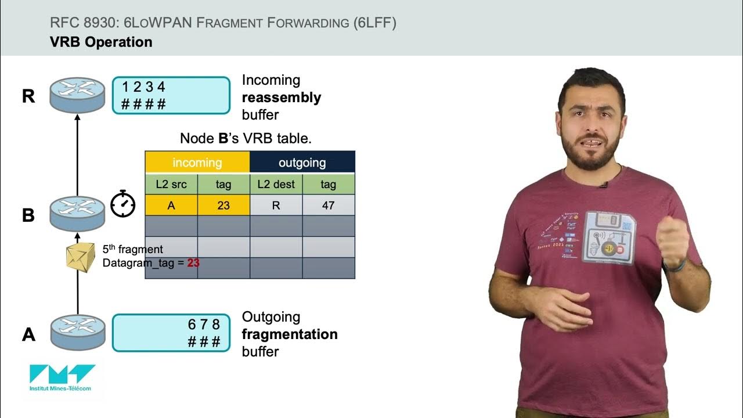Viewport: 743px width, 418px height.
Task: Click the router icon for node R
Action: (x=77, y=95)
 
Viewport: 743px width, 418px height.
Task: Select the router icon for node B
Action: (x=77, y=214)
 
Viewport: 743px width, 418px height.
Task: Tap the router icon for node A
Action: (x=77, y=332)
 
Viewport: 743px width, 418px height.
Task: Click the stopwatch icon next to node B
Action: (x=123, y=204)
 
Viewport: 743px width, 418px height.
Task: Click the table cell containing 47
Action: (x=328, y=206)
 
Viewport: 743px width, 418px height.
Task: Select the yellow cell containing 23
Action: (x=223, y=206)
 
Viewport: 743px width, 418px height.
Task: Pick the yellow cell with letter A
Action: (x=171, y=206)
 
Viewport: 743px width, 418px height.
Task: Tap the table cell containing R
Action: (x=276, y=206)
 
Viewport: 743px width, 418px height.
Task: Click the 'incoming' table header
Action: (x=197, y=163)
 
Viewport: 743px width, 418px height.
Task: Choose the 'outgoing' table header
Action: (x=302, y=163)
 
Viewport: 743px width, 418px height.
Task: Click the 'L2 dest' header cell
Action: (x=276, y=185)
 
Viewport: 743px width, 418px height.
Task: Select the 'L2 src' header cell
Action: (x=171, y=185)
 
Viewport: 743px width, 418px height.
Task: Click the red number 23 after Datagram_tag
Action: (x=193, y=263)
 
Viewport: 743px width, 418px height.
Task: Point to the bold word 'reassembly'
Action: (x=281, y=98)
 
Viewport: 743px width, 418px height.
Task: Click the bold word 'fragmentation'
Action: (x=289, y=334)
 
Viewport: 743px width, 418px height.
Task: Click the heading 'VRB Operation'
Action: (x=101, y=42)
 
